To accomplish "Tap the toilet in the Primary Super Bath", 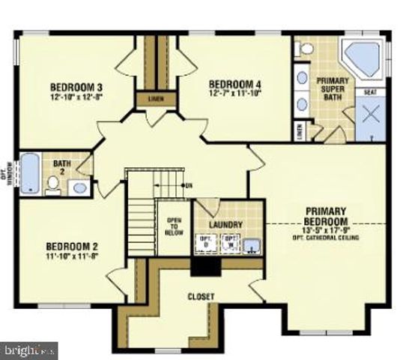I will [306, 48].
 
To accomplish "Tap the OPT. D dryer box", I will [205, 242].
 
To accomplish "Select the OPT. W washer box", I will [231, 242].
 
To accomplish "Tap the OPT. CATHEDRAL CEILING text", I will [327, 238].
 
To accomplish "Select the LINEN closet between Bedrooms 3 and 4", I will [155, 98].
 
